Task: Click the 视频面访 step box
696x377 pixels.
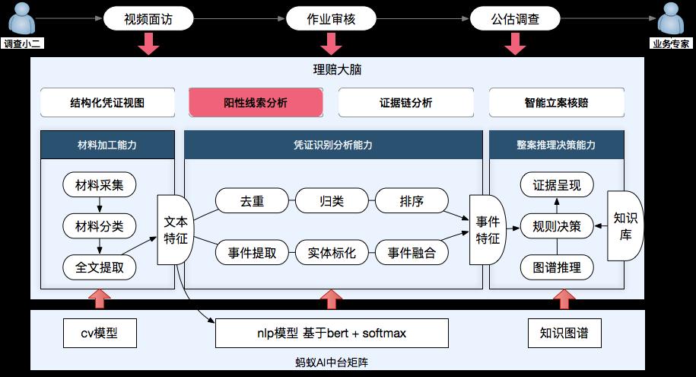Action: click(x=148, y=19)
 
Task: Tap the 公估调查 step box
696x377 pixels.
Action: click(x=515, y=19)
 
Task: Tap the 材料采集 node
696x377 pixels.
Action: click(x=100, y=184)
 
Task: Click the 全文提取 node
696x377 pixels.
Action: click(x=100, y=267)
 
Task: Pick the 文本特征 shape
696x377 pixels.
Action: click(x=176, y=229)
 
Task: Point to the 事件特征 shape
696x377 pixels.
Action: click(x=488, y=229)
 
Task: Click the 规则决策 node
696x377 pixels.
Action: click(x=557, y=226)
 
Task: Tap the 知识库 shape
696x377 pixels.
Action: click(x=626, y=226)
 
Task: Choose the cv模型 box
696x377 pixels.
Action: click(x=100, y=333)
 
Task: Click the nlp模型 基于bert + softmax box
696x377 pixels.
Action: click(x=331, y=333)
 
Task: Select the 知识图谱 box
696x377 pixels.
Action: click(x=564, y=333)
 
